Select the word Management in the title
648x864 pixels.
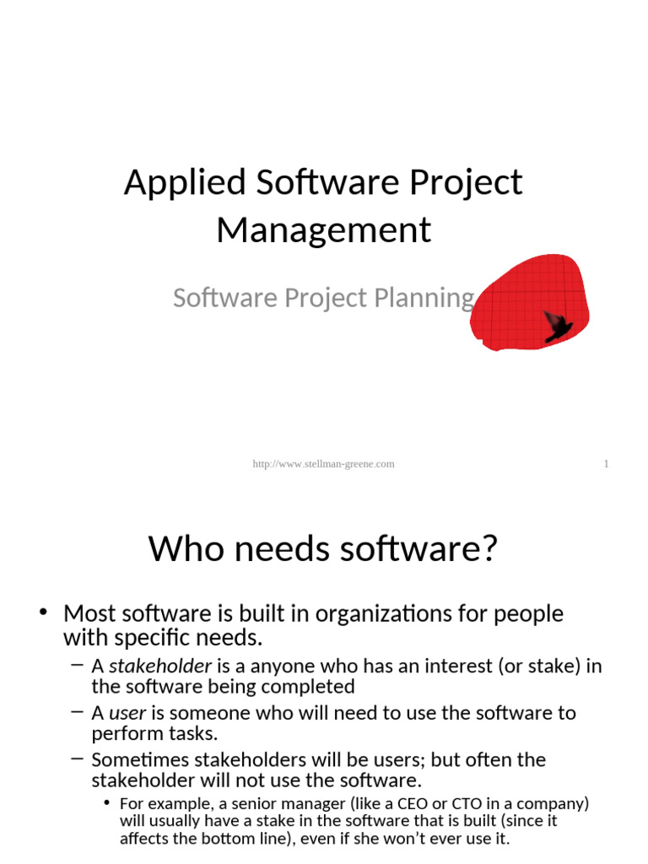pos(324,229)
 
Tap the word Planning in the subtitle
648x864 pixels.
pos(433,298)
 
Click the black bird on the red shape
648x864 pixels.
pos(557,325)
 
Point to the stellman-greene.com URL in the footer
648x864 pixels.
pos(324,464)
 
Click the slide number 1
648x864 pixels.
pos(606,464)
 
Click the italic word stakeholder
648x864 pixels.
pos(160,667)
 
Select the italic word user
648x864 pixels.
pos(127,713)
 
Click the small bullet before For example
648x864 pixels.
pos(106,802)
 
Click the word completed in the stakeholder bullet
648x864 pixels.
pos(317,687)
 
